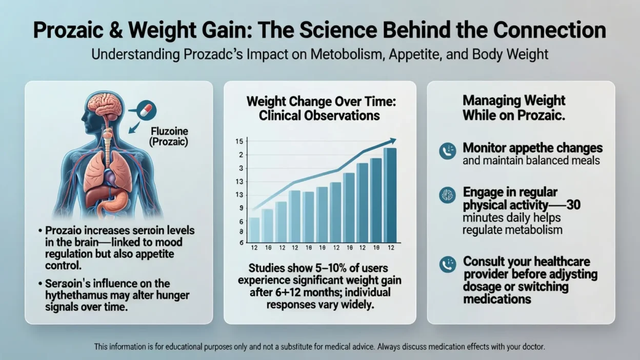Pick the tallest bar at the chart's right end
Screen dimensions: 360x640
[390, 195]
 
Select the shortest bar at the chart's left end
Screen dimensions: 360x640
[254, 229]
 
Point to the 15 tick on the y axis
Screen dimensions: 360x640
[239, 142]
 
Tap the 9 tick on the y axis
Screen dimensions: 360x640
[241, 208]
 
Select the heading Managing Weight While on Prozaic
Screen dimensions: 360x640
[514, 108]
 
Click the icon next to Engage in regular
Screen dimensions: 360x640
[447, 195]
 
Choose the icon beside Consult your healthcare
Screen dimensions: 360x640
[447, 264]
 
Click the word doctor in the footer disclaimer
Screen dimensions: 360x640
[532, 347]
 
